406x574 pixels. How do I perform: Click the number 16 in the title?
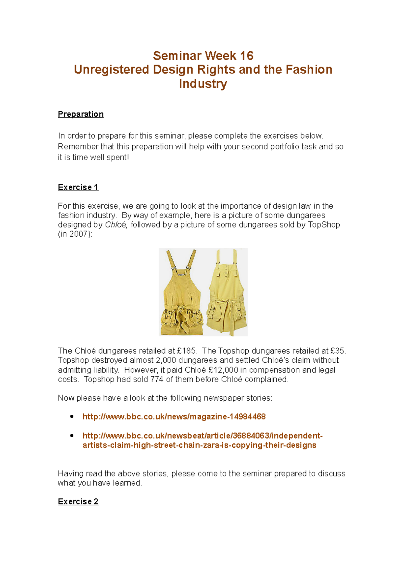[247, 56]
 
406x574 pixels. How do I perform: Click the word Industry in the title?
[203, 83]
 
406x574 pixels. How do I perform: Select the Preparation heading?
[81, 114]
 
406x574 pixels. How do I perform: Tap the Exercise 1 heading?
[78, 187]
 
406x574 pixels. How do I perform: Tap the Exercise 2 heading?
[78, 501]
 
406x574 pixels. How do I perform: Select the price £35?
[338, 351]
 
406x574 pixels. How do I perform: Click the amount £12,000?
[224, 370]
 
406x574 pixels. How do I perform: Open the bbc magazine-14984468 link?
[174, 416]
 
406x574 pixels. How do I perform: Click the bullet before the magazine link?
[72, 416]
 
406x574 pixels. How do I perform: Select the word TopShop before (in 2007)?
[324, 225]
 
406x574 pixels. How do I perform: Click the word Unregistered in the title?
[112, 70]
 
